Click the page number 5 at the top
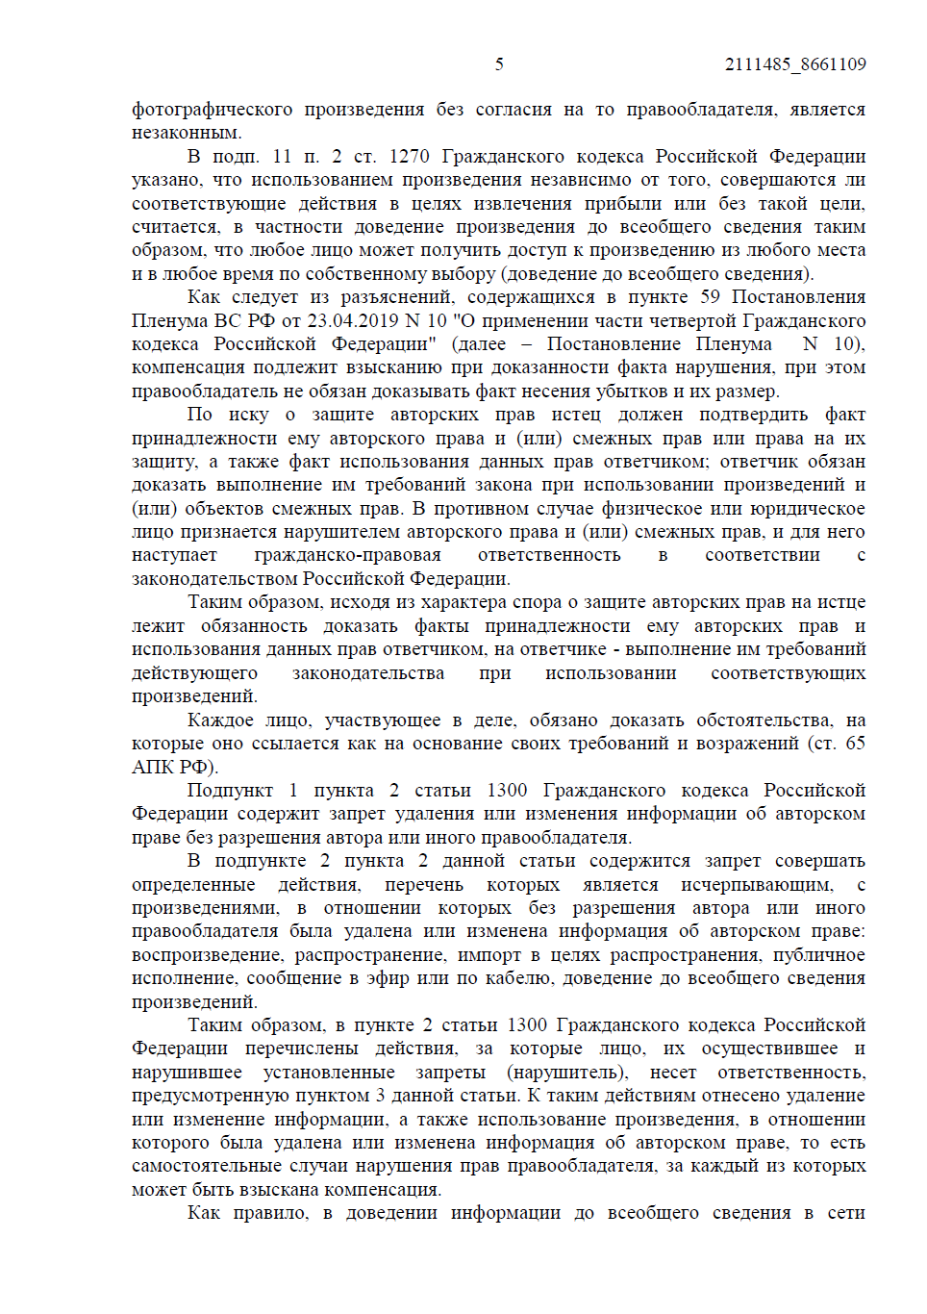[x=499, y=64]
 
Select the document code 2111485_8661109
[x=795, y=64]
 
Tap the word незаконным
[x=187, y=133]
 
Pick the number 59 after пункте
[x=710, y=297]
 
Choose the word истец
[x=575, y=415]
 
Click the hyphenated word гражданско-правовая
[x=347, y=555]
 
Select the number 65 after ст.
[x=855, y=744]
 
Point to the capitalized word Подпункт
[x=230, y=791]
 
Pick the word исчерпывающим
[x=756, y=885]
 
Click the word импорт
[x=489, y=955]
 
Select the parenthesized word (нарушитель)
[x=567, y=1073]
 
